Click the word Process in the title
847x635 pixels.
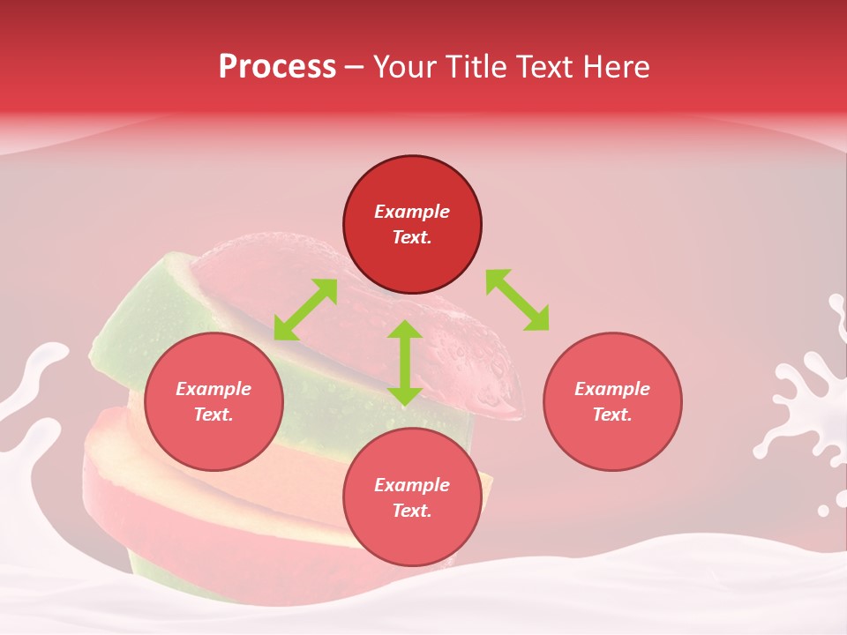point(277,67)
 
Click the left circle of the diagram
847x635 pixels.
point(214,401)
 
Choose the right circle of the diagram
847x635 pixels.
point(612,401)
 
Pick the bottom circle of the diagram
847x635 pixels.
point(412,497)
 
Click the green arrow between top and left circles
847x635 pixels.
point(305,310)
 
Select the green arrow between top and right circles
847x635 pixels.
point(517,300)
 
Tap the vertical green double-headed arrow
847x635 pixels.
point(405,362)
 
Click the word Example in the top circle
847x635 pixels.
point(412,212)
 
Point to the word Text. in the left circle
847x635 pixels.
point(214,415)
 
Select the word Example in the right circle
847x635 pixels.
point(612,389)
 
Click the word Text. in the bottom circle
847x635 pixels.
point(412,511)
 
